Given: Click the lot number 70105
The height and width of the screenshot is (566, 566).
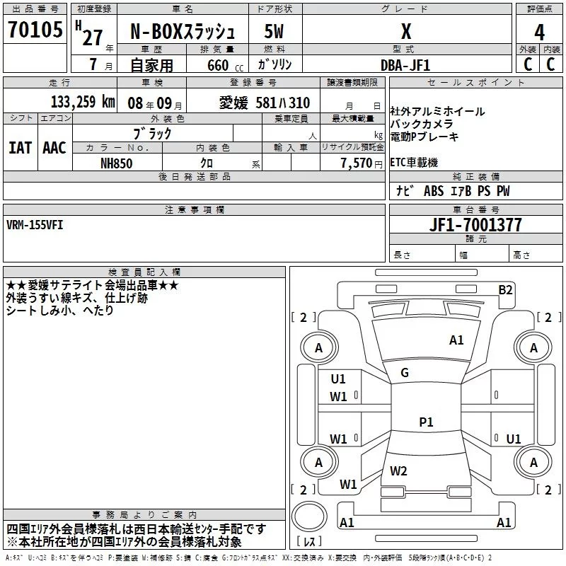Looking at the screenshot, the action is point(35,30).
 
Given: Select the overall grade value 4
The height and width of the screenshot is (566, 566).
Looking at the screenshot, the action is point(539,33).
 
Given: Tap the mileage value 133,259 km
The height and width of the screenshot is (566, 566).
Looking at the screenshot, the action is point(83,102).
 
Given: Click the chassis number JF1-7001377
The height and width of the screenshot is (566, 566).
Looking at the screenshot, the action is point(475,225).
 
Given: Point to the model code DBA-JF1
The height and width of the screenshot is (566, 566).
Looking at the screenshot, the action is point(405,65).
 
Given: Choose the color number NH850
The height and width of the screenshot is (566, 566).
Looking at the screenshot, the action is point(116,163).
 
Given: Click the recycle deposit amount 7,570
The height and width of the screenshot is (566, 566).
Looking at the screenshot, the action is point(357,163).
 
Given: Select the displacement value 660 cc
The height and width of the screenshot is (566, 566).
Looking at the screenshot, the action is point(225,66).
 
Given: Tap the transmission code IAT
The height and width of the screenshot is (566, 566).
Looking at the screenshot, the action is point(20,148).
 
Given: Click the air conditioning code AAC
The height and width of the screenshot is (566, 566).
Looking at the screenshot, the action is point(54,148).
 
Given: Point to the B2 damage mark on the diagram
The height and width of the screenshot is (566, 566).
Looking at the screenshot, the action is point(505,290).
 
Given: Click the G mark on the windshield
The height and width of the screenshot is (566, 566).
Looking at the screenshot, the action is point(405,373).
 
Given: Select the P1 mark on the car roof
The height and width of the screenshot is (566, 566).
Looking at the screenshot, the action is point(426,422).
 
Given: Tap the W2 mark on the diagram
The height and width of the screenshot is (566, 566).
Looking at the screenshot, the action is point(398,470).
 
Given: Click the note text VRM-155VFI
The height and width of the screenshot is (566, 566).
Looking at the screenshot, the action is point(35,225).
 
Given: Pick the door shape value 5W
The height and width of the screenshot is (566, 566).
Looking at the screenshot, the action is point(274,32).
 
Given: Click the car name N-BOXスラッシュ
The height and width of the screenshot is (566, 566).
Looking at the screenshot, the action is point(183,32).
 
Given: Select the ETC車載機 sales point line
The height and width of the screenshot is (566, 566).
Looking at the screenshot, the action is point(414,163).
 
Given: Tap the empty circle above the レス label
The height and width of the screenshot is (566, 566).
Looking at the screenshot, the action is point(309,516).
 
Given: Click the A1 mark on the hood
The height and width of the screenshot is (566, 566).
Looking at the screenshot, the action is point(456,340).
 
